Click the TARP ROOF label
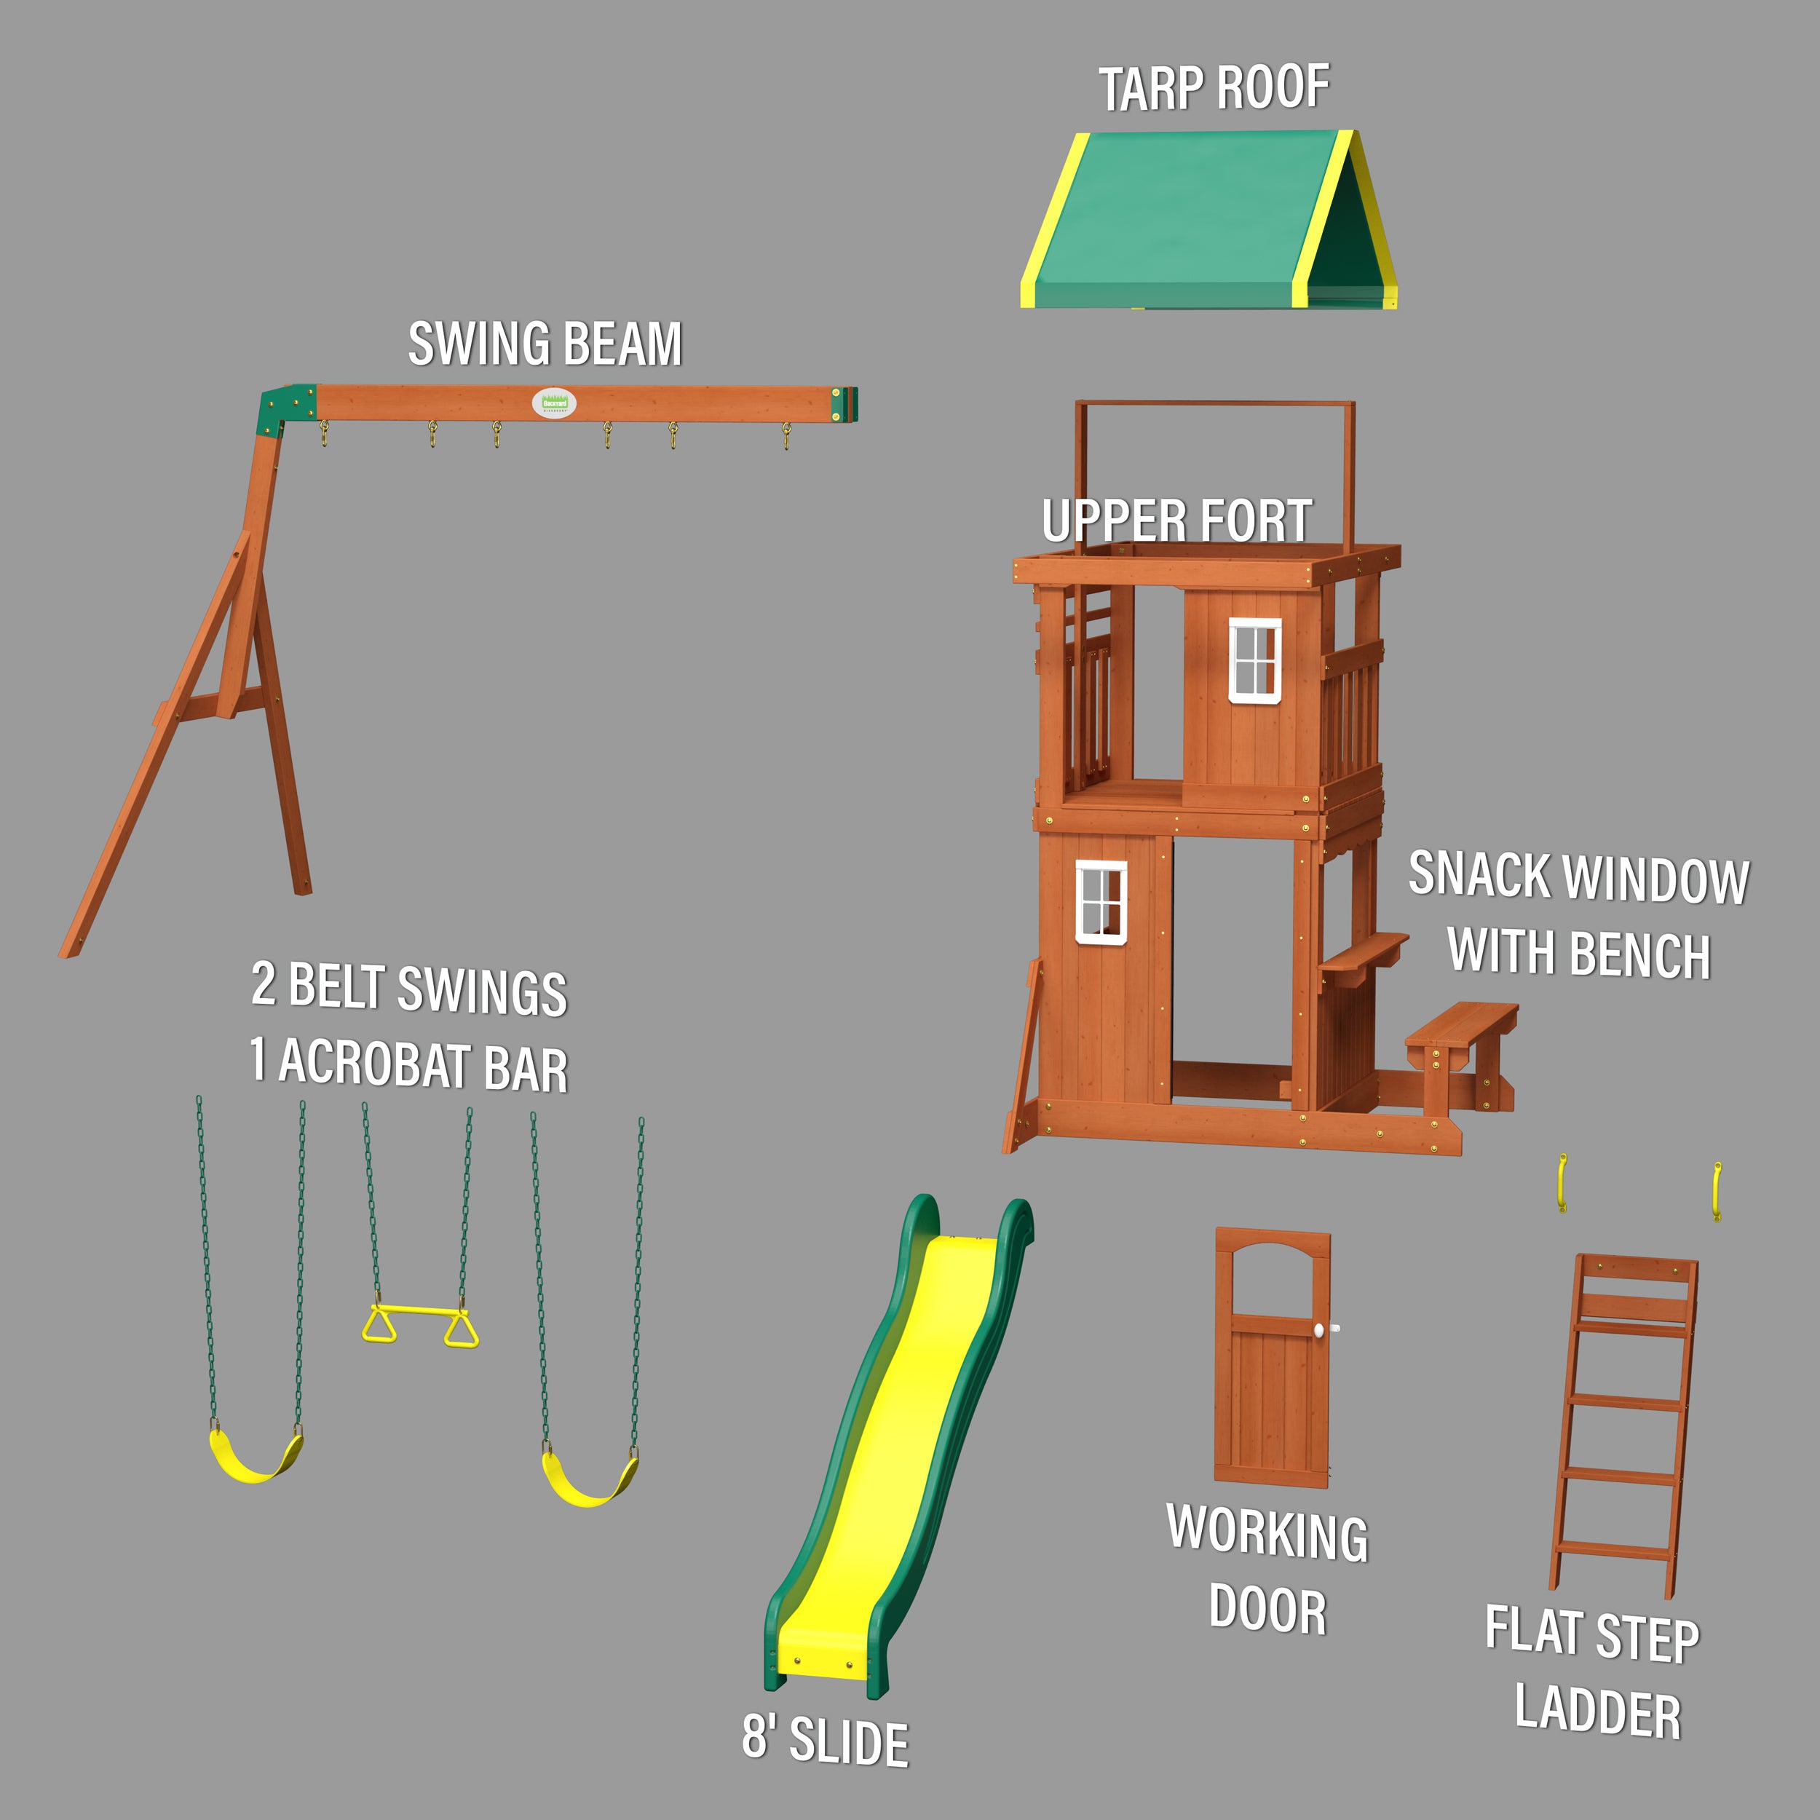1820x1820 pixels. pos(1214,89)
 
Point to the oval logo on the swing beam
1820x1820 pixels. pos(554,403)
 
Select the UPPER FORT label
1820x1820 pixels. pos(1176,521)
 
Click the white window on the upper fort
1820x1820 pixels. pos(1255,660)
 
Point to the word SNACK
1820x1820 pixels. pos(1479,874)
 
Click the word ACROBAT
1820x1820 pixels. pos(375,1064)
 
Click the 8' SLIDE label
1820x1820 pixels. pos(826,1739)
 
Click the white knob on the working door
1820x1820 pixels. pos(1320,1329)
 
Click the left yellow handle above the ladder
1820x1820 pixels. pos(1562,1182)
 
